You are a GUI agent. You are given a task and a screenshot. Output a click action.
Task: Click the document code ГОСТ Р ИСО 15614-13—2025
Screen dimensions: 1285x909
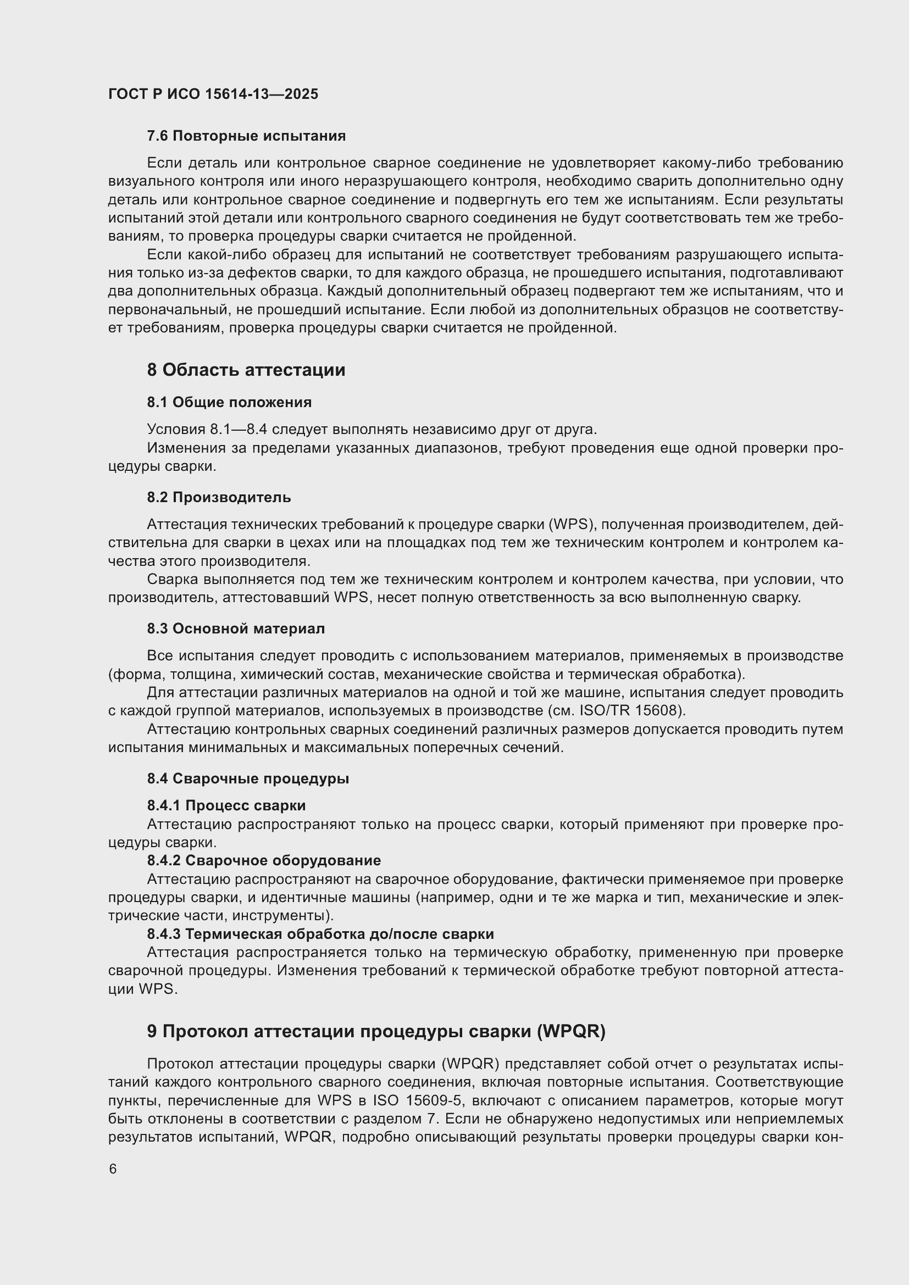213,94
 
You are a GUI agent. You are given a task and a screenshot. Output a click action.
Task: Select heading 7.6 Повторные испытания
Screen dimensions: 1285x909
246,136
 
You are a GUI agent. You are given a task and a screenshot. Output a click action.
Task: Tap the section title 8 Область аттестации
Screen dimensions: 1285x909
246,370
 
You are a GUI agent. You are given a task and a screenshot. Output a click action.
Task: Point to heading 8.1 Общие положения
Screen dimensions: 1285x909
230,402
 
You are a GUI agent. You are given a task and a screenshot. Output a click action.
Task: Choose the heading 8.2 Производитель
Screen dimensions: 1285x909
219,497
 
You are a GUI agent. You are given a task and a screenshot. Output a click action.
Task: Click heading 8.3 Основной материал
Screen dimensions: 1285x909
236,628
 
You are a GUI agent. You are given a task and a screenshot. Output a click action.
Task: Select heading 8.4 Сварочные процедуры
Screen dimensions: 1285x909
248,778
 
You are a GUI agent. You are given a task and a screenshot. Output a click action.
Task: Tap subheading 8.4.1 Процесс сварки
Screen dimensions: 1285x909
226,805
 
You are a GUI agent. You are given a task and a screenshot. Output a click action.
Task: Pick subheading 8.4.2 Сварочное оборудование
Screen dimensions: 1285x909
264,860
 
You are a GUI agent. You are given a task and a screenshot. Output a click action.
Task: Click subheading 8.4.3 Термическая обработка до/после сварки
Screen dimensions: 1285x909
321,933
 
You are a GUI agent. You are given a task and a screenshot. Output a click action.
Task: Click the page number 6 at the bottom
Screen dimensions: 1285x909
113,1169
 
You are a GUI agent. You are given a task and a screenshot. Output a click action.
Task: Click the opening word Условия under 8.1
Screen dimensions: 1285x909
176,429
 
